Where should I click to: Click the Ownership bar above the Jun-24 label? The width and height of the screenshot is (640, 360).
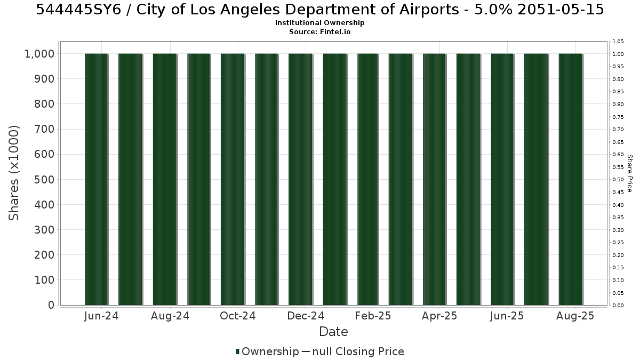97,179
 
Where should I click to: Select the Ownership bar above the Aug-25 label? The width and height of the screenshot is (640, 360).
571,179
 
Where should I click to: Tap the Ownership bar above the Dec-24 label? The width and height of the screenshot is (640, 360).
300,179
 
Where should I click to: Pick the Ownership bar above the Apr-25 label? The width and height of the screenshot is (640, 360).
434,179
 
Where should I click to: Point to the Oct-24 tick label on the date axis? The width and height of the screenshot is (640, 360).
238,316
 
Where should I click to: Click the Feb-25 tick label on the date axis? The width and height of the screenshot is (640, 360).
373,316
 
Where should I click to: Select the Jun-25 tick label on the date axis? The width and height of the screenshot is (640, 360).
507,316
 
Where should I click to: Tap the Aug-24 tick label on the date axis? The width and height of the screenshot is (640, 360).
170,316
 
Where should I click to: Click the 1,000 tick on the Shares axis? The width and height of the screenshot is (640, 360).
39,54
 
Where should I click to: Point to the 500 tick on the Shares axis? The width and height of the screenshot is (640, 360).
44,180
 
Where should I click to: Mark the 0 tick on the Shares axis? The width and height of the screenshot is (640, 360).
51,305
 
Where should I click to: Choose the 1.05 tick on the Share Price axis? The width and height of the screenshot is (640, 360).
618,42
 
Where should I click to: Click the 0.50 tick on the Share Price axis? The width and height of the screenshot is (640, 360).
618,180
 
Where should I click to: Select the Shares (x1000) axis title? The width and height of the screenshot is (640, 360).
14,173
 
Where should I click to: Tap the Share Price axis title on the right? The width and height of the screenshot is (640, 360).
629,173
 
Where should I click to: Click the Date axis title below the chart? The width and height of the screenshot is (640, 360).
333,332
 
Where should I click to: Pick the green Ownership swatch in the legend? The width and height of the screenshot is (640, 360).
237,351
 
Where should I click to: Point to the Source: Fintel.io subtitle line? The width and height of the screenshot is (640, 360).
319,31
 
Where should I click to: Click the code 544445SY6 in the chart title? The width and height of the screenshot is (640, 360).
79,10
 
